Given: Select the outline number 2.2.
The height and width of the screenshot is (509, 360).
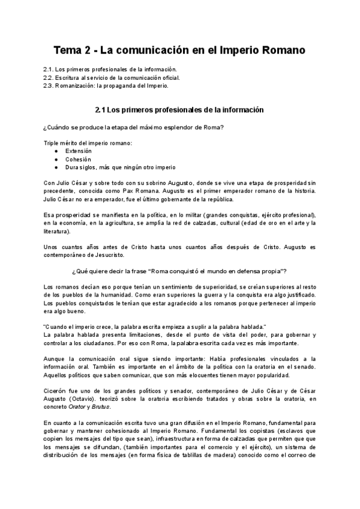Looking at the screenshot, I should pos(50,78).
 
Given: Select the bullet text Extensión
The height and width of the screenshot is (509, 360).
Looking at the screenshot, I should pos(79,151).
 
